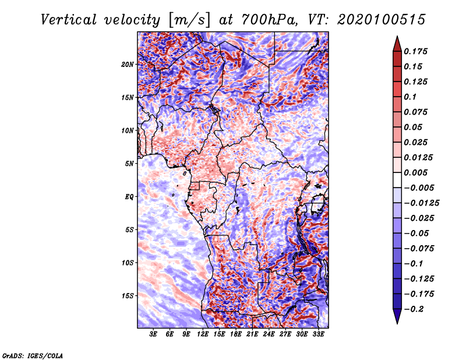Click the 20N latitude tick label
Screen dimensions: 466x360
click(128, 65)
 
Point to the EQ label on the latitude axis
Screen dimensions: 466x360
click(129, 197)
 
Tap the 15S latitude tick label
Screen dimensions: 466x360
click(128, 296)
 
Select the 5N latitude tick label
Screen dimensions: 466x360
click(129, 164)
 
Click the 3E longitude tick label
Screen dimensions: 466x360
click(153, 334)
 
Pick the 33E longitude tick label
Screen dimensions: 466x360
click(318, 334)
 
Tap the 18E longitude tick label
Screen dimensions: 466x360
click(236, 334)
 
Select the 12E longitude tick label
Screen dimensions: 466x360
click(203, 334)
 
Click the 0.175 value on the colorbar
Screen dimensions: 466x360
click(415, 51)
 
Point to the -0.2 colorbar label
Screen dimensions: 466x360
click(414, 309)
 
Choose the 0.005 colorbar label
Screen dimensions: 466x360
click(415, 172)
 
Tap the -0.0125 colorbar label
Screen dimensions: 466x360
click(421, 203)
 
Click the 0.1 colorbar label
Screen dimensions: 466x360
click(410, 97)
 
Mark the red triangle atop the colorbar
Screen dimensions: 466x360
click(397, 44)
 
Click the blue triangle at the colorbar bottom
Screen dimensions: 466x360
click(397, 316)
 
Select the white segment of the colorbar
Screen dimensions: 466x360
click(397, 180)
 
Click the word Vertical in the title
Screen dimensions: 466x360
click(69, 20)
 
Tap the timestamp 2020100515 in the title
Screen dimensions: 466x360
click(382, 20)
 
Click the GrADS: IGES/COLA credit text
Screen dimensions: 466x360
click(33, 356)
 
